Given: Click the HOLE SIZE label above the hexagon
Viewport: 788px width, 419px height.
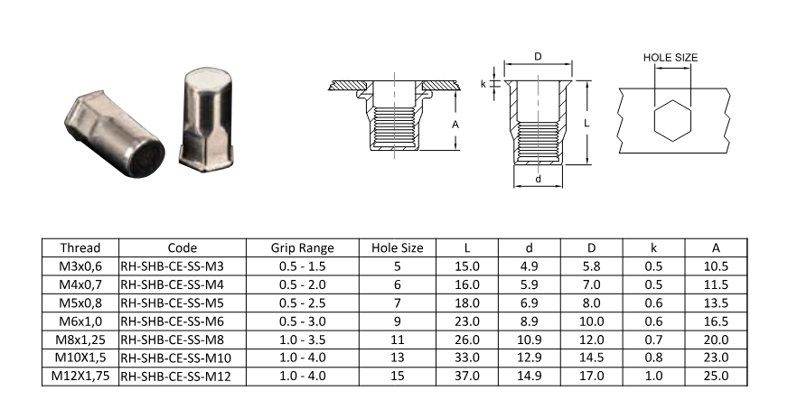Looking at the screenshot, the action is coord(671,58).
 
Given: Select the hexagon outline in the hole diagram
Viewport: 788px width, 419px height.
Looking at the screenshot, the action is coord(654,121).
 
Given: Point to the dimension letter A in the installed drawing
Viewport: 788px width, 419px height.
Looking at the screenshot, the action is coord(455,124).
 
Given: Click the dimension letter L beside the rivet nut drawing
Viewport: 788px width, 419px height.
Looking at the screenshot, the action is coord(586,123).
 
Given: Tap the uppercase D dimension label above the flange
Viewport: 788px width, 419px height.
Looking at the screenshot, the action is coord(539,57).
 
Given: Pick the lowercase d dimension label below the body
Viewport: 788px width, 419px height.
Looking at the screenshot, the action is coord(539,179).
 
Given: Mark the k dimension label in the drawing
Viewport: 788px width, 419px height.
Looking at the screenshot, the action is coord(483,84).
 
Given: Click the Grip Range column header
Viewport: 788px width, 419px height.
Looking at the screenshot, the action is coord(303,247).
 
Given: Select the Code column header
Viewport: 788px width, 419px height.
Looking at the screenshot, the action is coord(183,247).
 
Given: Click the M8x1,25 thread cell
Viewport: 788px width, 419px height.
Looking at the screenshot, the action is coord(80,340).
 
